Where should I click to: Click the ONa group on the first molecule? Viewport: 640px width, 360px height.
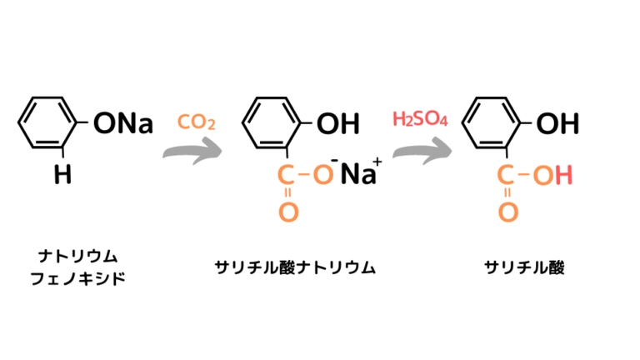click(x=123, y=125)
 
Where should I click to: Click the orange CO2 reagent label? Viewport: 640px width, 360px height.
click(x=197, y=124)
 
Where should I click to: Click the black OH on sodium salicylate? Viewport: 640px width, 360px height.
click(x=337, y=125)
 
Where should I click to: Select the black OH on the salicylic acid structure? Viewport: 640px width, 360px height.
click(x=557, y=125)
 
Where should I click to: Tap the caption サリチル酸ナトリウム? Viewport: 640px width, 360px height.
click(x=294, y=267)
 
